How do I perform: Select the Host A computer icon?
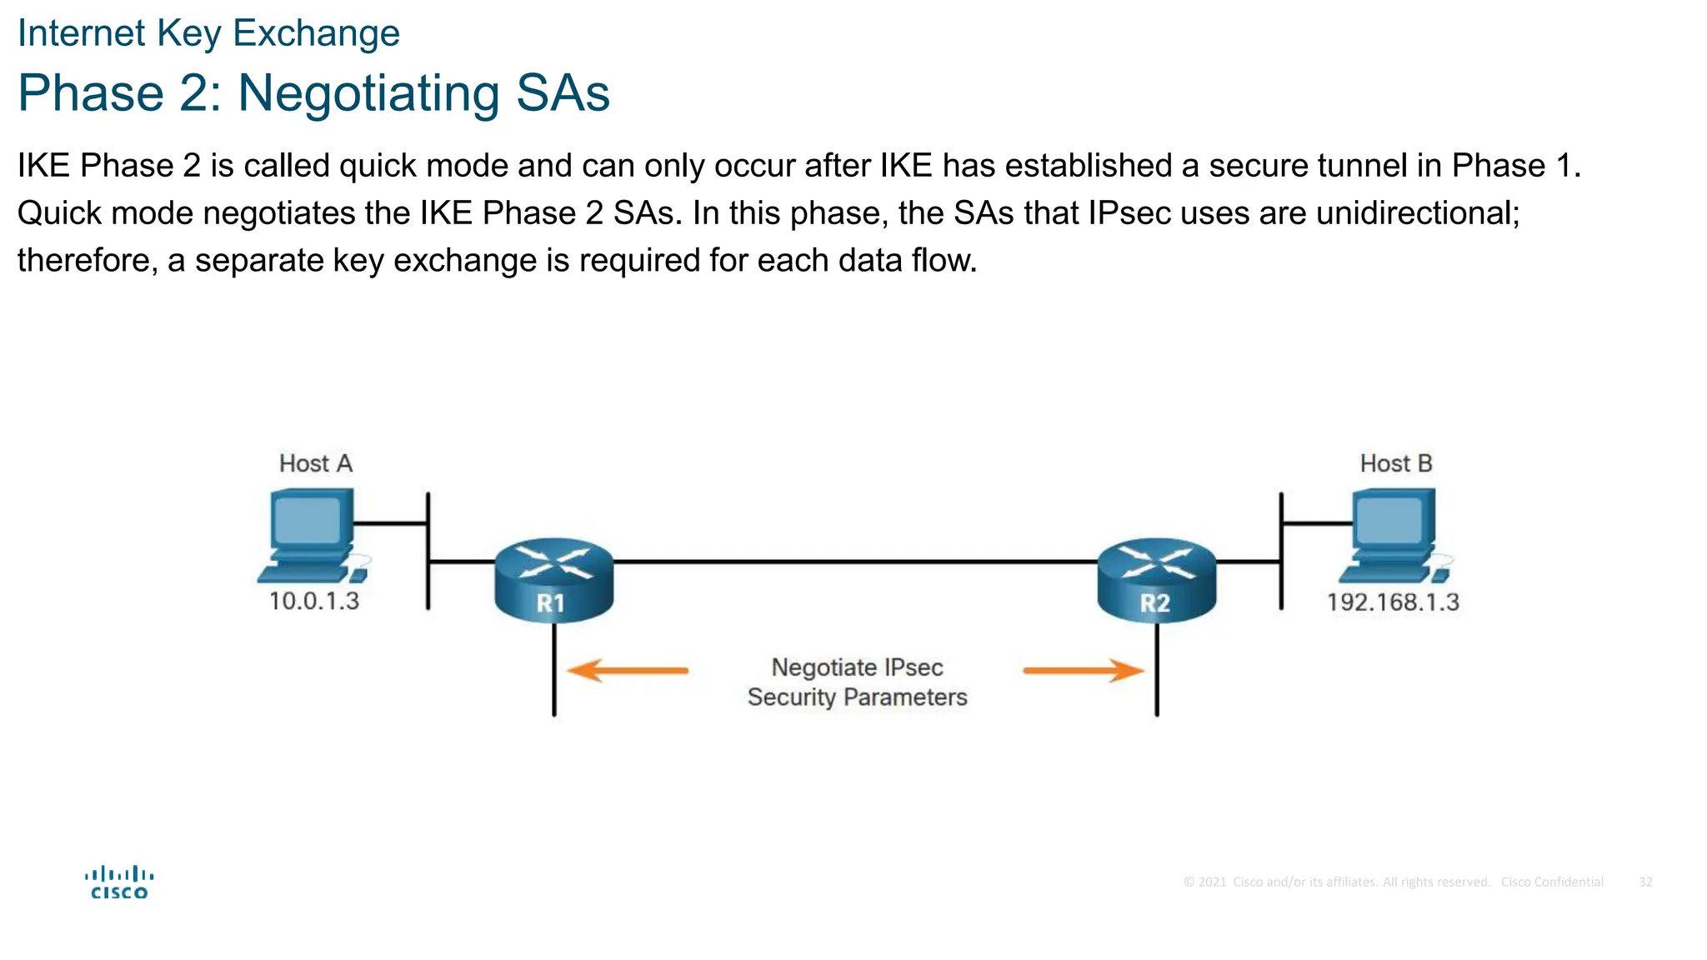[308, 533]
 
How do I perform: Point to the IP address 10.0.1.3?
[313, 601]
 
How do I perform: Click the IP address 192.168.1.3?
[1393, 602]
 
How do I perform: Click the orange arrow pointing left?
[627, 670]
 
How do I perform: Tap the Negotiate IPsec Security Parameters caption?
[857, 682]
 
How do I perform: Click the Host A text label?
[315, 463]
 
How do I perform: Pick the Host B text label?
[1395, 463]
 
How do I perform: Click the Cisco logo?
[119, 882]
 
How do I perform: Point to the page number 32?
[1645, 882]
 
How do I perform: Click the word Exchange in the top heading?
[316, 33]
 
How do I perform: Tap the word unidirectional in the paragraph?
[1416, 213]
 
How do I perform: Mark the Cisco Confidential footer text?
[1551, 882]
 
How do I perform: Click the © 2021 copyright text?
[1205, 882]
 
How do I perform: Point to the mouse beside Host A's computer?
[359, 574]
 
